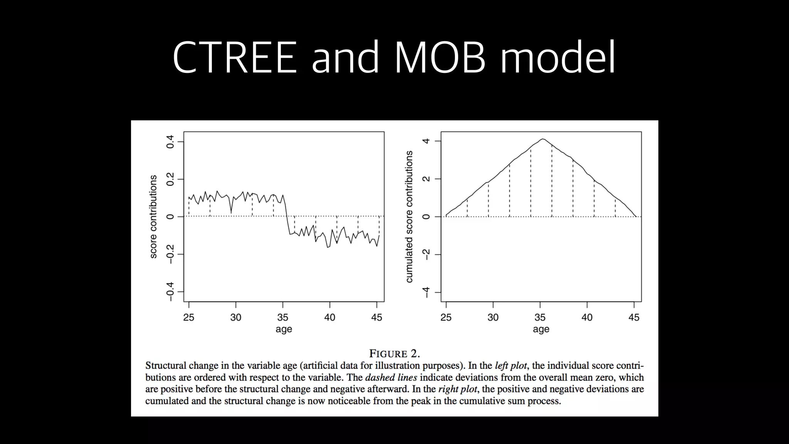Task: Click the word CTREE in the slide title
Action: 235,58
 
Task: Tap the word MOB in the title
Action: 440,58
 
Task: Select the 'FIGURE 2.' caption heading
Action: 394,353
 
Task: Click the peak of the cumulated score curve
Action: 542,139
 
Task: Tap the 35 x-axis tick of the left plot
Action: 283,317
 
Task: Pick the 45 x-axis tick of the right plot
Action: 634,317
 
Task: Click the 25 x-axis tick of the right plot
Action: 446,317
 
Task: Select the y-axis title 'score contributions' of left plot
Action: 153,217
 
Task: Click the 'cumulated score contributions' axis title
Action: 409,217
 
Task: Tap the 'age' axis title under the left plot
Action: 284,329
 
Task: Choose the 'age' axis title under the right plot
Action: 541,329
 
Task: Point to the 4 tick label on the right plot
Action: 426,141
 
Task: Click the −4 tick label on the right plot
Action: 426,293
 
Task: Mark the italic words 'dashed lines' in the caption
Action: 391,377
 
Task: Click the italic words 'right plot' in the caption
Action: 457,389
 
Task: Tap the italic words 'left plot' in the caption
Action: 510,365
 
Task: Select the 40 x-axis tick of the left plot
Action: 330,317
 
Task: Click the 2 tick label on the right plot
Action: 426,179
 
